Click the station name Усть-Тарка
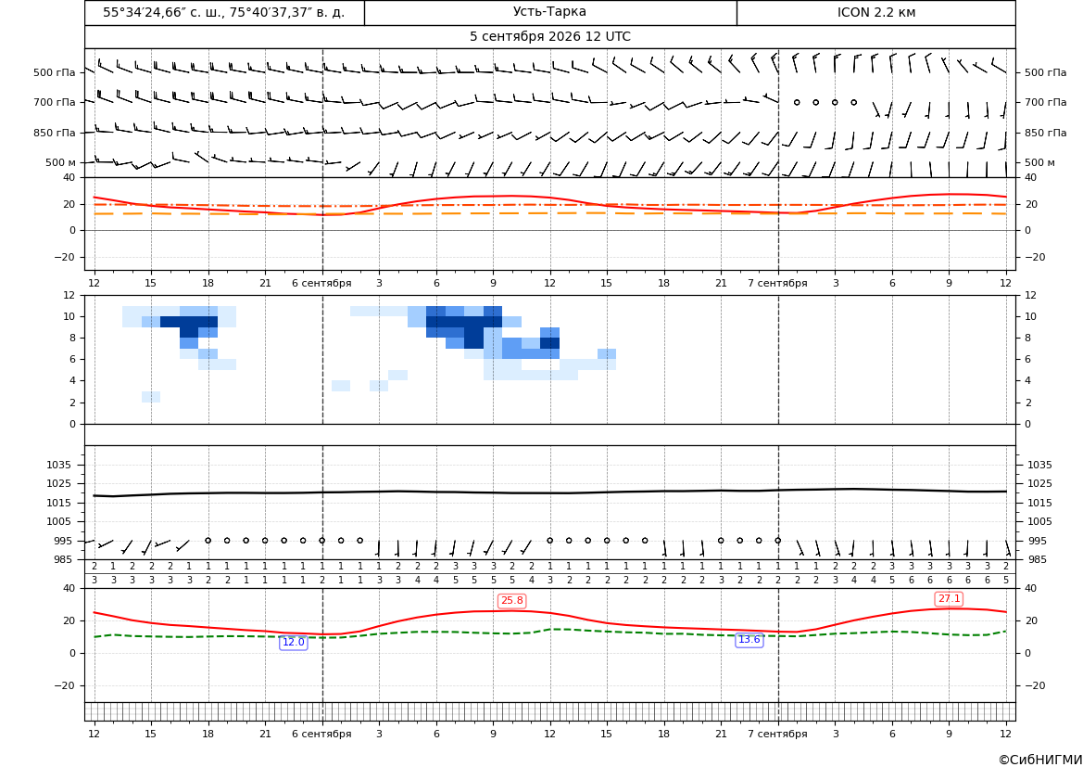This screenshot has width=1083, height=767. click(x=549, y=12)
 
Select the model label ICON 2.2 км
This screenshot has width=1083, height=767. click(x=875, y=12)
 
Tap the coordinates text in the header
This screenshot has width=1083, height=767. click(x=224, y=12)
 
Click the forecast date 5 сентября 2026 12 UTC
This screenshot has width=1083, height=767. click(x=549, y=37)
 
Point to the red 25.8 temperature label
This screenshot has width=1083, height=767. click(x=511, y=600)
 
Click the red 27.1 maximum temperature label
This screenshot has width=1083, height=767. click(x=949, y=599)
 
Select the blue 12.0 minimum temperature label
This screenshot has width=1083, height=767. click(x=294, y=642)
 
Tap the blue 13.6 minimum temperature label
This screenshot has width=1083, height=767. click(x=749, y=640)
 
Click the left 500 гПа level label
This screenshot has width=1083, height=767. click(x=55, y=72)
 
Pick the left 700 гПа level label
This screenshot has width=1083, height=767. click(x=55, y=102)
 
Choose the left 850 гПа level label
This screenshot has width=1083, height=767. click(x=55, y=133)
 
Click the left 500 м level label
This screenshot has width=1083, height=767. click(x=61, y=162)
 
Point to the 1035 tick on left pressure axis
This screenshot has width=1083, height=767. click(x=56, y=465)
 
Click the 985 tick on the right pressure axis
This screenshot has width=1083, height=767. click(x=1039, y=559)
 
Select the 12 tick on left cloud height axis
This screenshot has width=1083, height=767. click(x=69, y=295)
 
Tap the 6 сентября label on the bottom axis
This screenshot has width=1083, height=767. click(x=321, y=734)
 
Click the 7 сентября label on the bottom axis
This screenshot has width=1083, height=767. click(x=777, y=734)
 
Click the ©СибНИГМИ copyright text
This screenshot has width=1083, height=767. click(x=1040, y=761)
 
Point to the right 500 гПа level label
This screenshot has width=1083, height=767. click(x=1046, y=72)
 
